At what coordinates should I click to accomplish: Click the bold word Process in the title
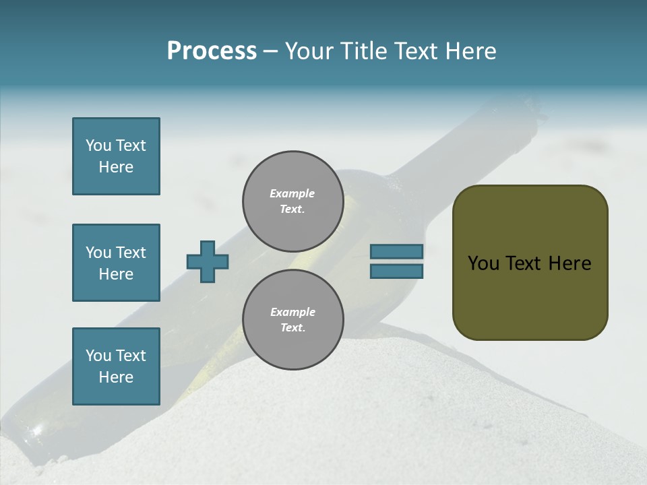pyautogui.click(x=212, y=51)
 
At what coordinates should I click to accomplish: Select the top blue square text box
pyautogui.click(x=116, y=156)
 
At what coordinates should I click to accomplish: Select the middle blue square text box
pyautogui.click(x=116, y=263)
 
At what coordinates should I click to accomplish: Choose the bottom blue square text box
pyautogui.click(x=116, y=366)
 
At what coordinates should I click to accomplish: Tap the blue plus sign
pyautogui.click(x=208, y=261)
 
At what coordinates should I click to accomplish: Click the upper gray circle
pyautogui.click(x=292, y=201)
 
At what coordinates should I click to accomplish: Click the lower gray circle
pyautogui.click(x=292, y=319)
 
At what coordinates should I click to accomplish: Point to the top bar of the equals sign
pyautogui.click(x=396, y=251)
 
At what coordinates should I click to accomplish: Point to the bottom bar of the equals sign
pyautogui.click(x=396, y=271)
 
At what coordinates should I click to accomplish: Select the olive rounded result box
pyautogui.click(x=530, y=262)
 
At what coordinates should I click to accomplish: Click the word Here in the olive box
pyautogui.click(x=569, y=263)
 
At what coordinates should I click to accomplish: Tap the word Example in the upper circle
pyautogui.click(x=292, y=193)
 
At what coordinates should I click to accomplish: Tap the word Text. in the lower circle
pyautogui.click(x=292, y=327)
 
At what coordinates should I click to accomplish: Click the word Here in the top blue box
pyautogui.click(x=116, y=167)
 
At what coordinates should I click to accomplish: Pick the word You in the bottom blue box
pyautogui.click(x=98, y=356)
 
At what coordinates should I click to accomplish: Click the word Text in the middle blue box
pyautogui.click(x=131, y=253)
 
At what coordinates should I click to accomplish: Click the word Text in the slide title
pyautogui.click(x=414, y=51)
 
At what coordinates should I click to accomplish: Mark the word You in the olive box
pyautogui.click(x=483, y=263)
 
